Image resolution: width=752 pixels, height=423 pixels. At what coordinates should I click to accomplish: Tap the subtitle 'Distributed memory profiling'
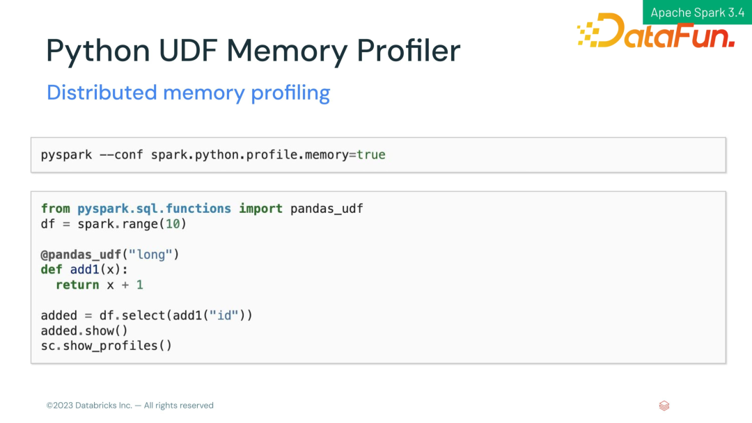[188, 93]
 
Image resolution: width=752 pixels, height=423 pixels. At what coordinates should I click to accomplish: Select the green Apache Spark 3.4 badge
[697, 13]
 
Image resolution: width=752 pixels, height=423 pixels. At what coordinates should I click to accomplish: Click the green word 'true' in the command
[370, 154]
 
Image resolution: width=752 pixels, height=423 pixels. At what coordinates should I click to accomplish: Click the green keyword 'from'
[56, 209]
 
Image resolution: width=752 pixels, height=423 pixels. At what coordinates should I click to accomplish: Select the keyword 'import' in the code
[261, 209]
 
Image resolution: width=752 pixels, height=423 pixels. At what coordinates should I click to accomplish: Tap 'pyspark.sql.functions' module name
[154, 209]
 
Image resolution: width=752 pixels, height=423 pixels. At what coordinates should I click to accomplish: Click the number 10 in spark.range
[172, 224]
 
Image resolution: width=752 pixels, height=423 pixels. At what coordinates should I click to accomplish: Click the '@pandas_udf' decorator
[80, 255]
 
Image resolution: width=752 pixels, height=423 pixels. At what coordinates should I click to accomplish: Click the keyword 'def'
[52, 270]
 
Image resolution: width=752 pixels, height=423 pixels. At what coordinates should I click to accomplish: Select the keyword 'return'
[77, 285]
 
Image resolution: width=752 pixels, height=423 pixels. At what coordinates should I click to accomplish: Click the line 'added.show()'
[84, 331]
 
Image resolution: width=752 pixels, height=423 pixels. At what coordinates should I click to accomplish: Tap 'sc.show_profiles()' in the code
[106, 346]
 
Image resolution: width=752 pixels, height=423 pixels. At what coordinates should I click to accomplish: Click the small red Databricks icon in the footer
[664, 406]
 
